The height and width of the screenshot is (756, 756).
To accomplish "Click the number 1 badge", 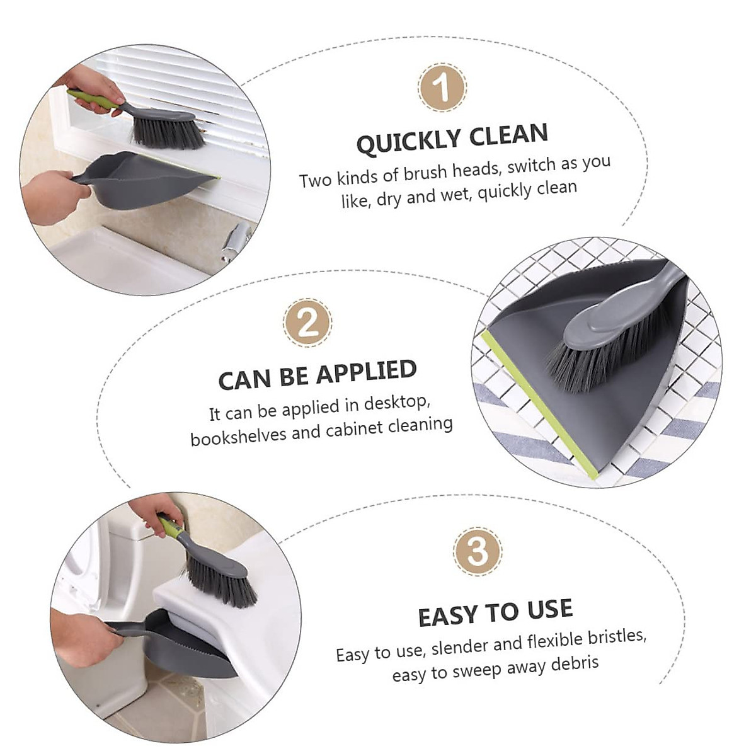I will tap(442, 87).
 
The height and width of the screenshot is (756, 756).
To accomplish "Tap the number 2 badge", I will tap(307, 323).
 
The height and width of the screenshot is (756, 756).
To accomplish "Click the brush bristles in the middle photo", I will tap(592, 359).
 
